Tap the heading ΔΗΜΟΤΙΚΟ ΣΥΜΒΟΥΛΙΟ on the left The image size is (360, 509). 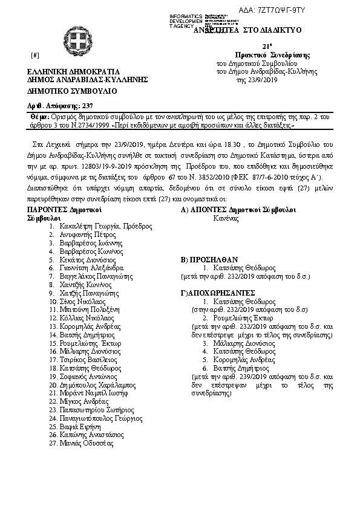pos(64,92)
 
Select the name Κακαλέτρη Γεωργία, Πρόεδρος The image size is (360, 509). pos(105,226)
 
